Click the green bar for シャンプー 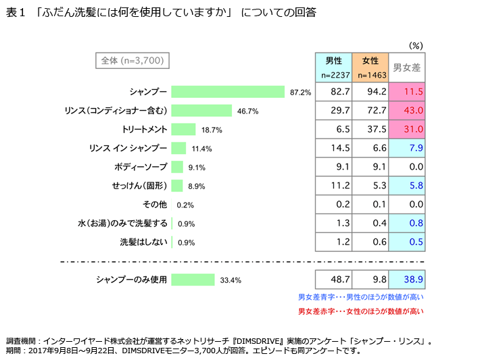click(228, 92)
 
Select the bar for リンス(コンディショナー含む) click(201, 111)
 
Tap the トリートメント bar click(183, 129)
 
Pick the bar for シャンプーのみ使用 click(193, 280)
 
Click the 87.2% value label click(300, 93)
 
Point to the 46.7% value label click(247, 111)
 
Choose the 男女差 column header click(407, 67)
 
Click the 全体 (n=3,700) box click(131, 61)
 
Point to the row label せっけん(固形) click(139, 186)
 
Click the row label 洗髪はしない click(144, 242)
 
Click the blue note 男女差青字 click(361, 297)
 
